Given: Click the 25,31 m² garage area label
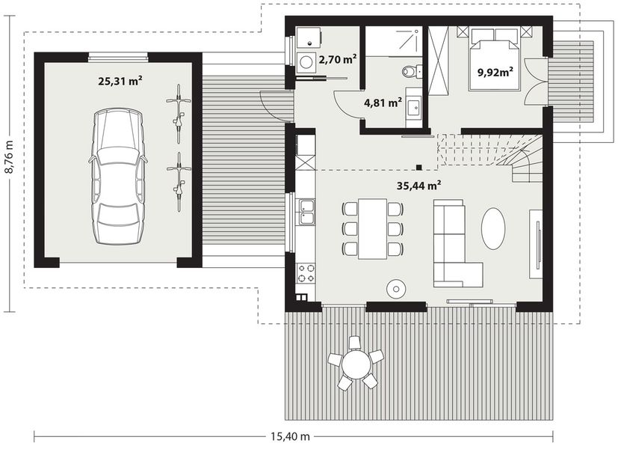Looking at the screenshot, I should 120,82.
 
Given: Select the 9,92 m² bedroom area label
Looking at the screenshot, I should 494,73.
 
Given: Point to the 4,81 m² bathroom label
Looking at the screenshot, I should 383,103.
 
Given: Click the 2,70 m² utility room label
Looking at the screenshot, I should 337,58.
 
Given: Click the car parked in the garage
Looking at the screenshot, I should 119,176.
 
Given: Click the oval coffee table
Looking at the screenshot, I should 493,228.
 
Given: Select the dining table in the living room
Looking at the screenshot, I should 372,228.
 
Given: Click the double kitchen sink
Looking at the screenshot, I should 306,212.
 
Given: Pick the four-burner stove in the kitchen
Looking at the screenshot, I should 306,272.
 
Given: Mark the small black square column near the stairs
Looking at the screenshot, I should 419,167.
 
